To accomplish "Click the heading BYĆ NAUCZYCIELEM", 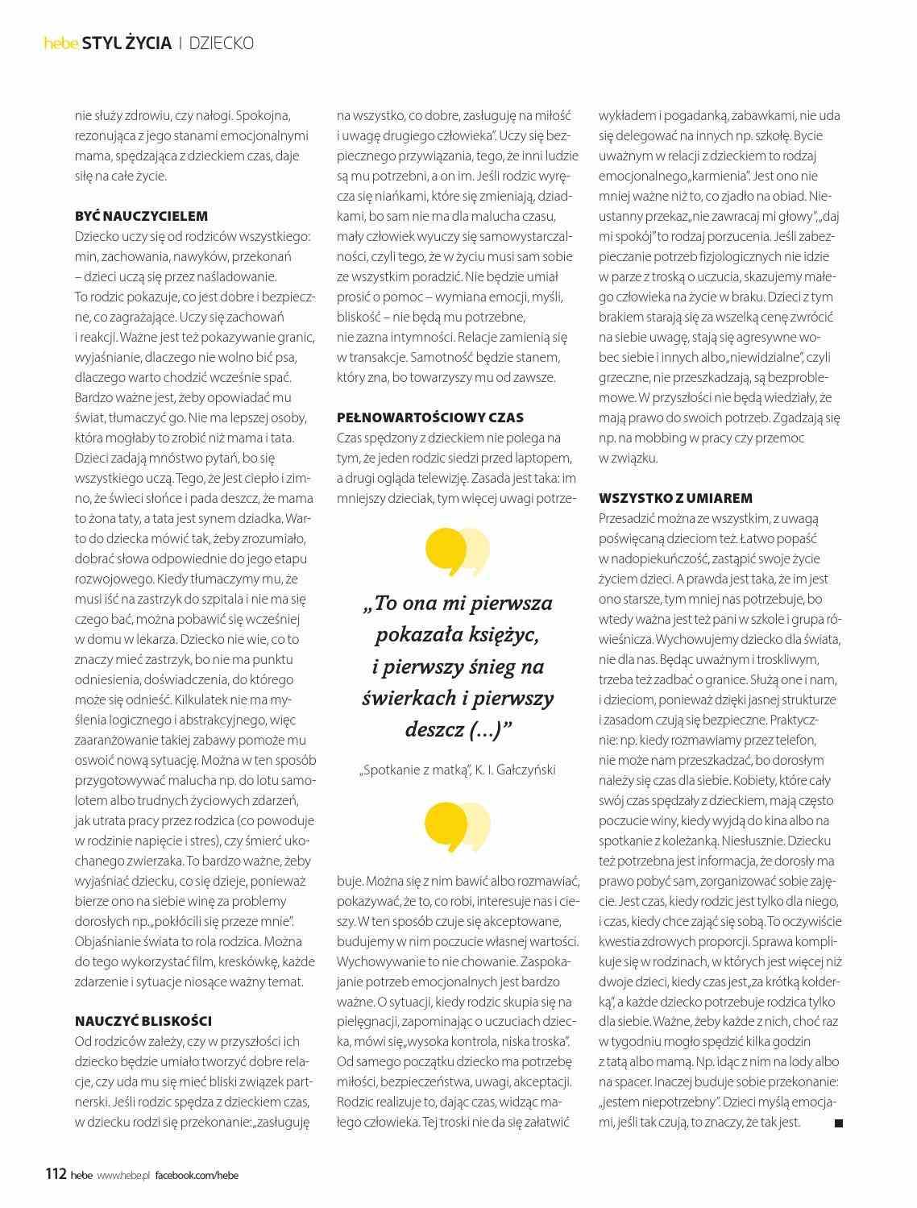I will [x=141, y=216].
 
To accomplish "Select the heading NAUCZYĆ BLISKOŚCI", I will [x=143, y=1021].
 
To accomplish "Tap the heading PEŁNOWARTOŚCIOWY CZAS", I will [x=430, y=417].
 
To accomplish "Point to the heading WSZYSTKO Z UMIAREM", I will [x=675, y=498].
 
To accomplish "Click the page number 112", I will [x=55, y=1174].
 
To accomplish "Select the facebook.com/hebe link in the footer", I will [x=197, y=1175].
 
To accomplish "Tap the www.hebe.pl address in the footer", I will [x=124, y=1175].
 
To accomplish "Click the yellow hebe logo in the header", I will [x=60, y=44].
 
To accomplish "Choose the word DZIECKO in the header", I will [x=222, y=44].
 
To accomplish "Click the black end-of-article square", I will [x=838, y=1123].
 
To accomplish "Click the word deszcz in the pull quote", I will [x=433, y=729].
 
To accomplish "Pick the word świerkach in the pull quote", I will [x=404, y=698].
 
